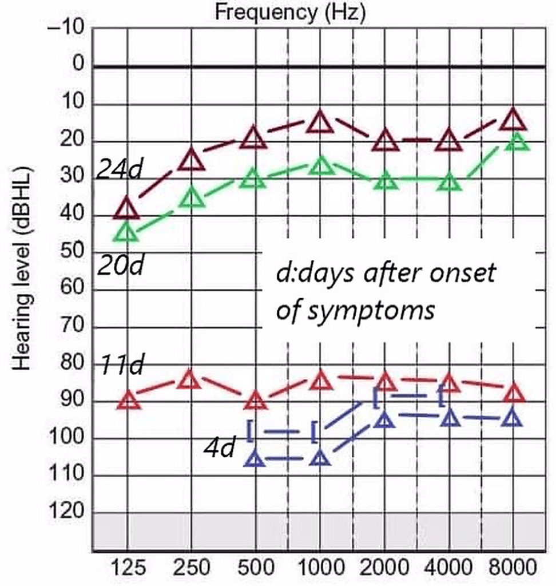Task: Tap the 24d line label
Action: coord(118,169)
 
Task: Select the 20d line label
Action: coord(120,265)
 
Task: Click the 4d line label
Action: coord(219,448)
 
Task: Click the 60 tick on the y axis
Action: coord(73,290)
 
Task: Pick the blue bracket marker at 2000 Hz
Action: coord(375,398)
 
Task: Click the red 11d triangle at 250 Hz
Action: coord(191,379)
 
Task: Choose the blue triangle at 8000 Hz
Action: coord(513,418)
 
